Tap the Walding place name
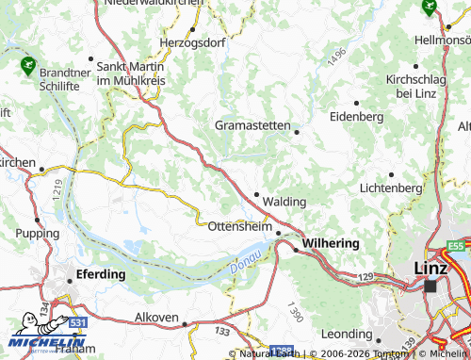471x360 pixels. coord(284,202)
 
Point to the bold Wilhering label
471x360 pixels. coord(331,243)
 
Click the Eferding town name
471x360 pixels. coord(101,274)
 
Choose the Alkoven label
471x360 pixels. coord(156,317)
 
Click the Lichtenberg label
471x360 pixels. coord(390,188)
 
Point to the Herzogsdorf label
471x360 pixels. coord(194,43)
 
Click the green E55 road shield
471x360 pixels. coord(456,246)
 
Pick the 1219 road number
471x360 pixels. coord(57,189)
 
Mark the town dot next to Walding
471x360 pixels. coord(257,194)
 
